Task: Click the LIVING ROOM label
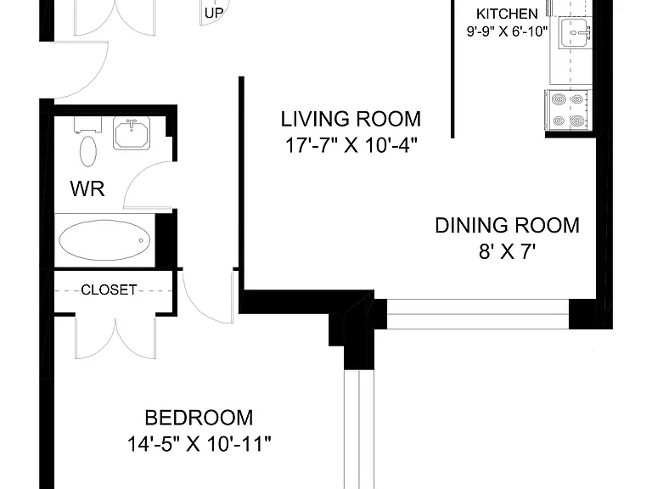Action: tap(351, 120)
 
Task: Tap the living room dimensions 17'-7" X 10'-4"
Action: tap(351, 145)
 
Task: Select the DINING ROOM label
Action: tap(507, 225)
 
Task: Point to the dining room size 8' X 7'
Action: tap(507, 251)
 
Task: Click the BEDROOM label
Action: tap(199, 418)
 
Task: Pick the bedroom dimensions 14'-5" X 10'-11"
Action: tap(199, 444)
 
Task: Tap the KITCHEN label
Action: tap(507, 14)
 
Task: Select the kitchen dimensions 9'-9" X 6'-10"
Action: tap(507, 31)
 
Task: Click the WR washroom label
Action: tap(87, 188)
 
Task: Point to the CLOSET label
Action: tap(109, 289)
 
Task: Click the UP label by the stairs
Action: tap(214, 14)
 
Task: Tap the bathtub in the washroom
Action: tap(104, 240)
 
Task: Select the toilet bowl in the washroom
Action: tap(87, 151)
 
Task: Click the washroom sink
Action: tap(132, 133)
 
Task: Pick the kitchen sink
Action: tap(574, 31)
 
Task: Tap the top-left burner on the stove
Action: tap(558, 100)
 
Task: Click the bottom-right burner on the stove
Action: tap(576, 121)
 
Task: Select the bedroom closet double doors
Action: tap(115, 337)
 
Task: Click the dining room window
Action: tap(478, 314)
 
